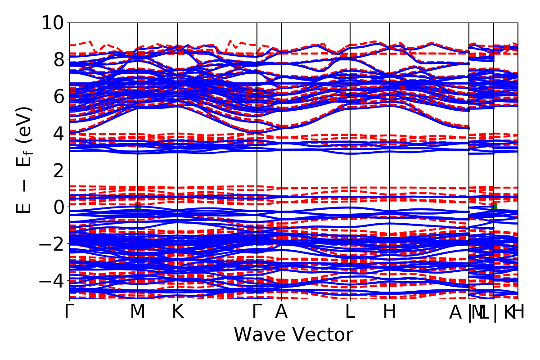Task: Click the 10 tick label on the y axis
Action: (53, 22)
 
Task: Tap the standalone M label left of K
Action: (137, 312)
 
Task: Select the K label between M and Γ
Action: (178, 312)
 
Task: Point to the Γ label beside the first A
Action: (257, 312)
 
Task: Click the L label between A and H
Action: (350, 312)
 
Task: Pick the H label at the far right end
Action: (519, 312)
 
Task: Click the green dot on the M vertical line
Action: (138, 206)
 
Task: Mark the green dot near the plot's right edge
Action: (494, 206)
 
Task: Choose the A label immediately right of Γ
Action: (281, 312)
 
